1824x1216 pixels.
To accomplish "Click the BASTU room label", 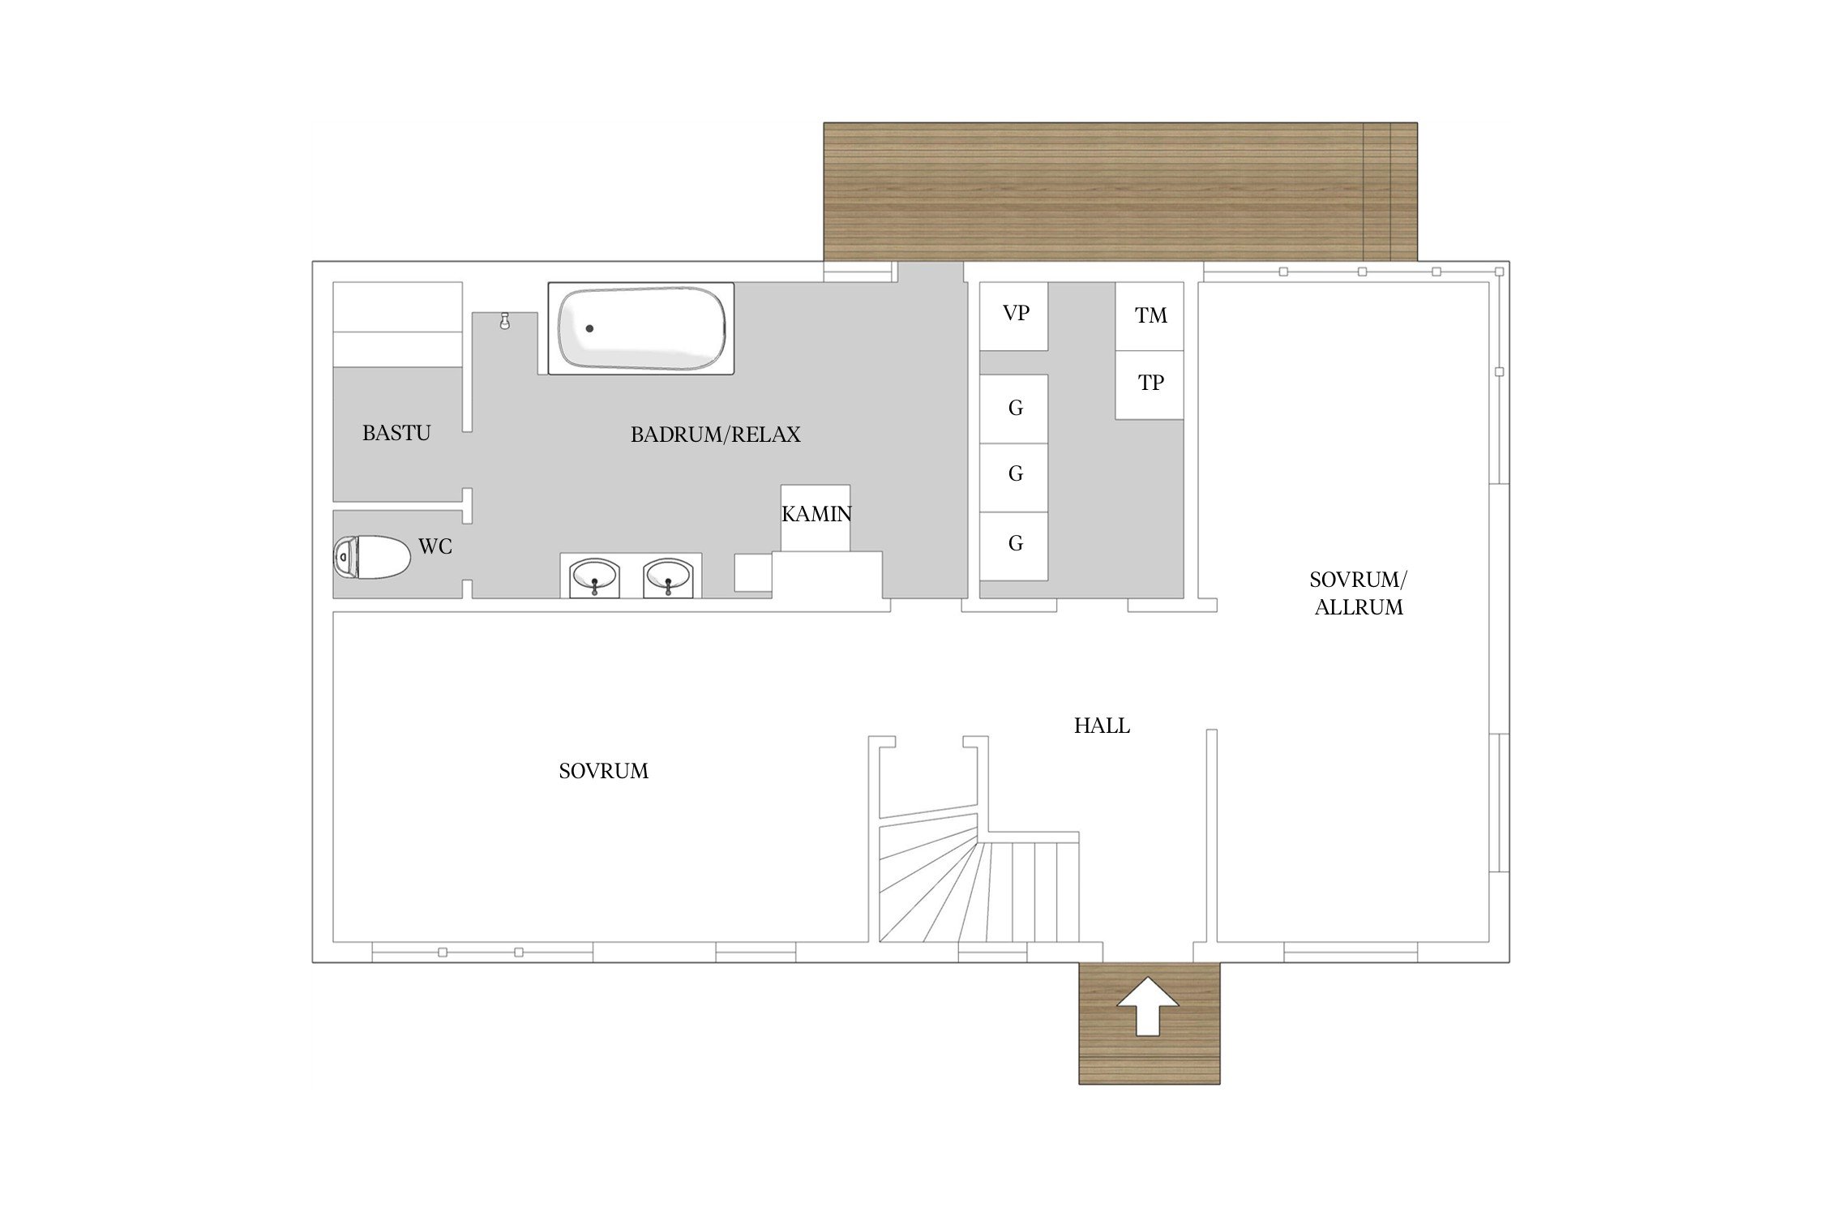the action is (x=396, y=433).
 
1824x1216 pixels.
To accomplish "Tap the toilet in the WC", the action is (x=372, y=557).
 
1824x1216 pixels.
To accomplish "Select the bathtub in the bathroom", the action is (x=641, y=328).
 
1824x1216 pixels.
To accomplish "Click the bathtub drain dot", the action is (x=590, y=328).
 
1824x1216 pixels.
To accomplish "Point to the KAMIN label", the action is (x=816, y=514).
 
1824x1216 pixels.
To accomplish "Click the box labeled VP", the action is (x=1014, y=316).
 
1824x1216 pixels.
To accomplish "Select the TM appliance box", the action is (x=1150, y=316).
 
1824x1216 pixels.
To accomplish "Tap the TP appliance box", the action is (x=1150, y=385).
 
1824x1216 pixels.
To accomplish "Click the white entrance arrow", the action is (x=1147, y=1006).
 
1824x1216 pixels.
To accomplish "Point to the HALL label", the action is (x=1102, y=726).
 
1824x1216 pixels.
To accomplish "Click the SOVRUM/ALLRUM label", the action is (x=1359, y=593).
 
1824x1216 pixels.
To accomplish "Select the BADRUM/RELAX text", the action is (x=715, y=435).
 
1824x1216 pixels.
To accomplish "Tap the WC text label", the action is (x=435, y=546).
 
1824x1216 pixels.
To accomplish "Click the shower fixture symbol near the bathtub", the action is (x=505, y=321).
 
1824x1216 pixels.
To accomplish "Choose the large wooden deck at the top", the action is (x=1120, y=192).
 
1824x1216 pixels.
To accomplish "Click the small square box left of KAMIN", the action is (x=753, y=573).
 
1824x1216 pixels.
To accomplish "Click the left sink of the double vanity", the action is (x=595, y=576).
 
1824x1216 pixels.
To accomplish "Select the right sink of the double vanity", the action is (x=668, y=576).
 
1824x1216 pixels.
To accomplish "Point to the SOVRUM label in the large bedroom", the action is (x=604, y=771).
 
